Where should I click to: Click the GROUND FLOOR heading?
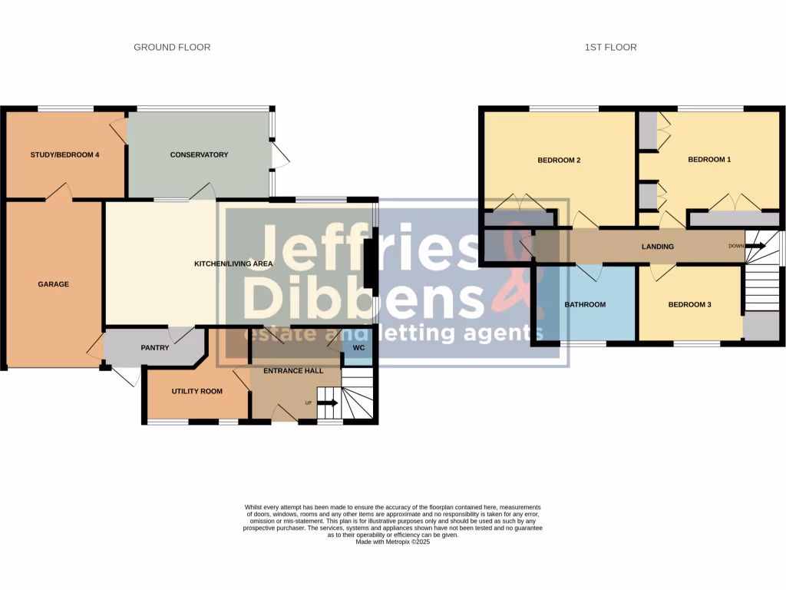click(172, 48)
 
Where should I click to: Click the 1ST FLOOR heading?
click(610, 48)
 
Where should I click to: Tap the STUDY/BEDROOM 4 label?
click(65, 155)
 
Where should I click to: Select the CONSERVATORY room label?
click(199, 155)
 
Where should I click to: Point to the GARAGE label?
click(54, 284)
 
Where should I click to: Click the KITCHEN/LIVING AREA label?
click(233, 264)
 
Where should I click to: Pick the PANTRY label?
click(154, 348)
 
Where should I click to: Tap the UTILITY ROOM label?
click(196, 391)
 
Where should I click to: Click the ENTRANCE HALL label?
click(292, 370)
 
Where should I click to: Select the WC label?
click(358, 348)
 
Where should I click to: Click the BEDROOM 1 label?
click(709, 160)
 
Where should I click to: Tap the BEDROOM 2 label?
click(558, 161)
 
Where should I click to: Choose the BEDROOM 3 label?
click(689, 305)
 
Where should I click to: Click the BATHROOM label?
click(585, 305)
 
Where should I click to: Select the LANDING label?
click(658, 247)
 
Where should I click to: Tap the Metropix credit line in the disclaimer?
click(393, 542)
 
